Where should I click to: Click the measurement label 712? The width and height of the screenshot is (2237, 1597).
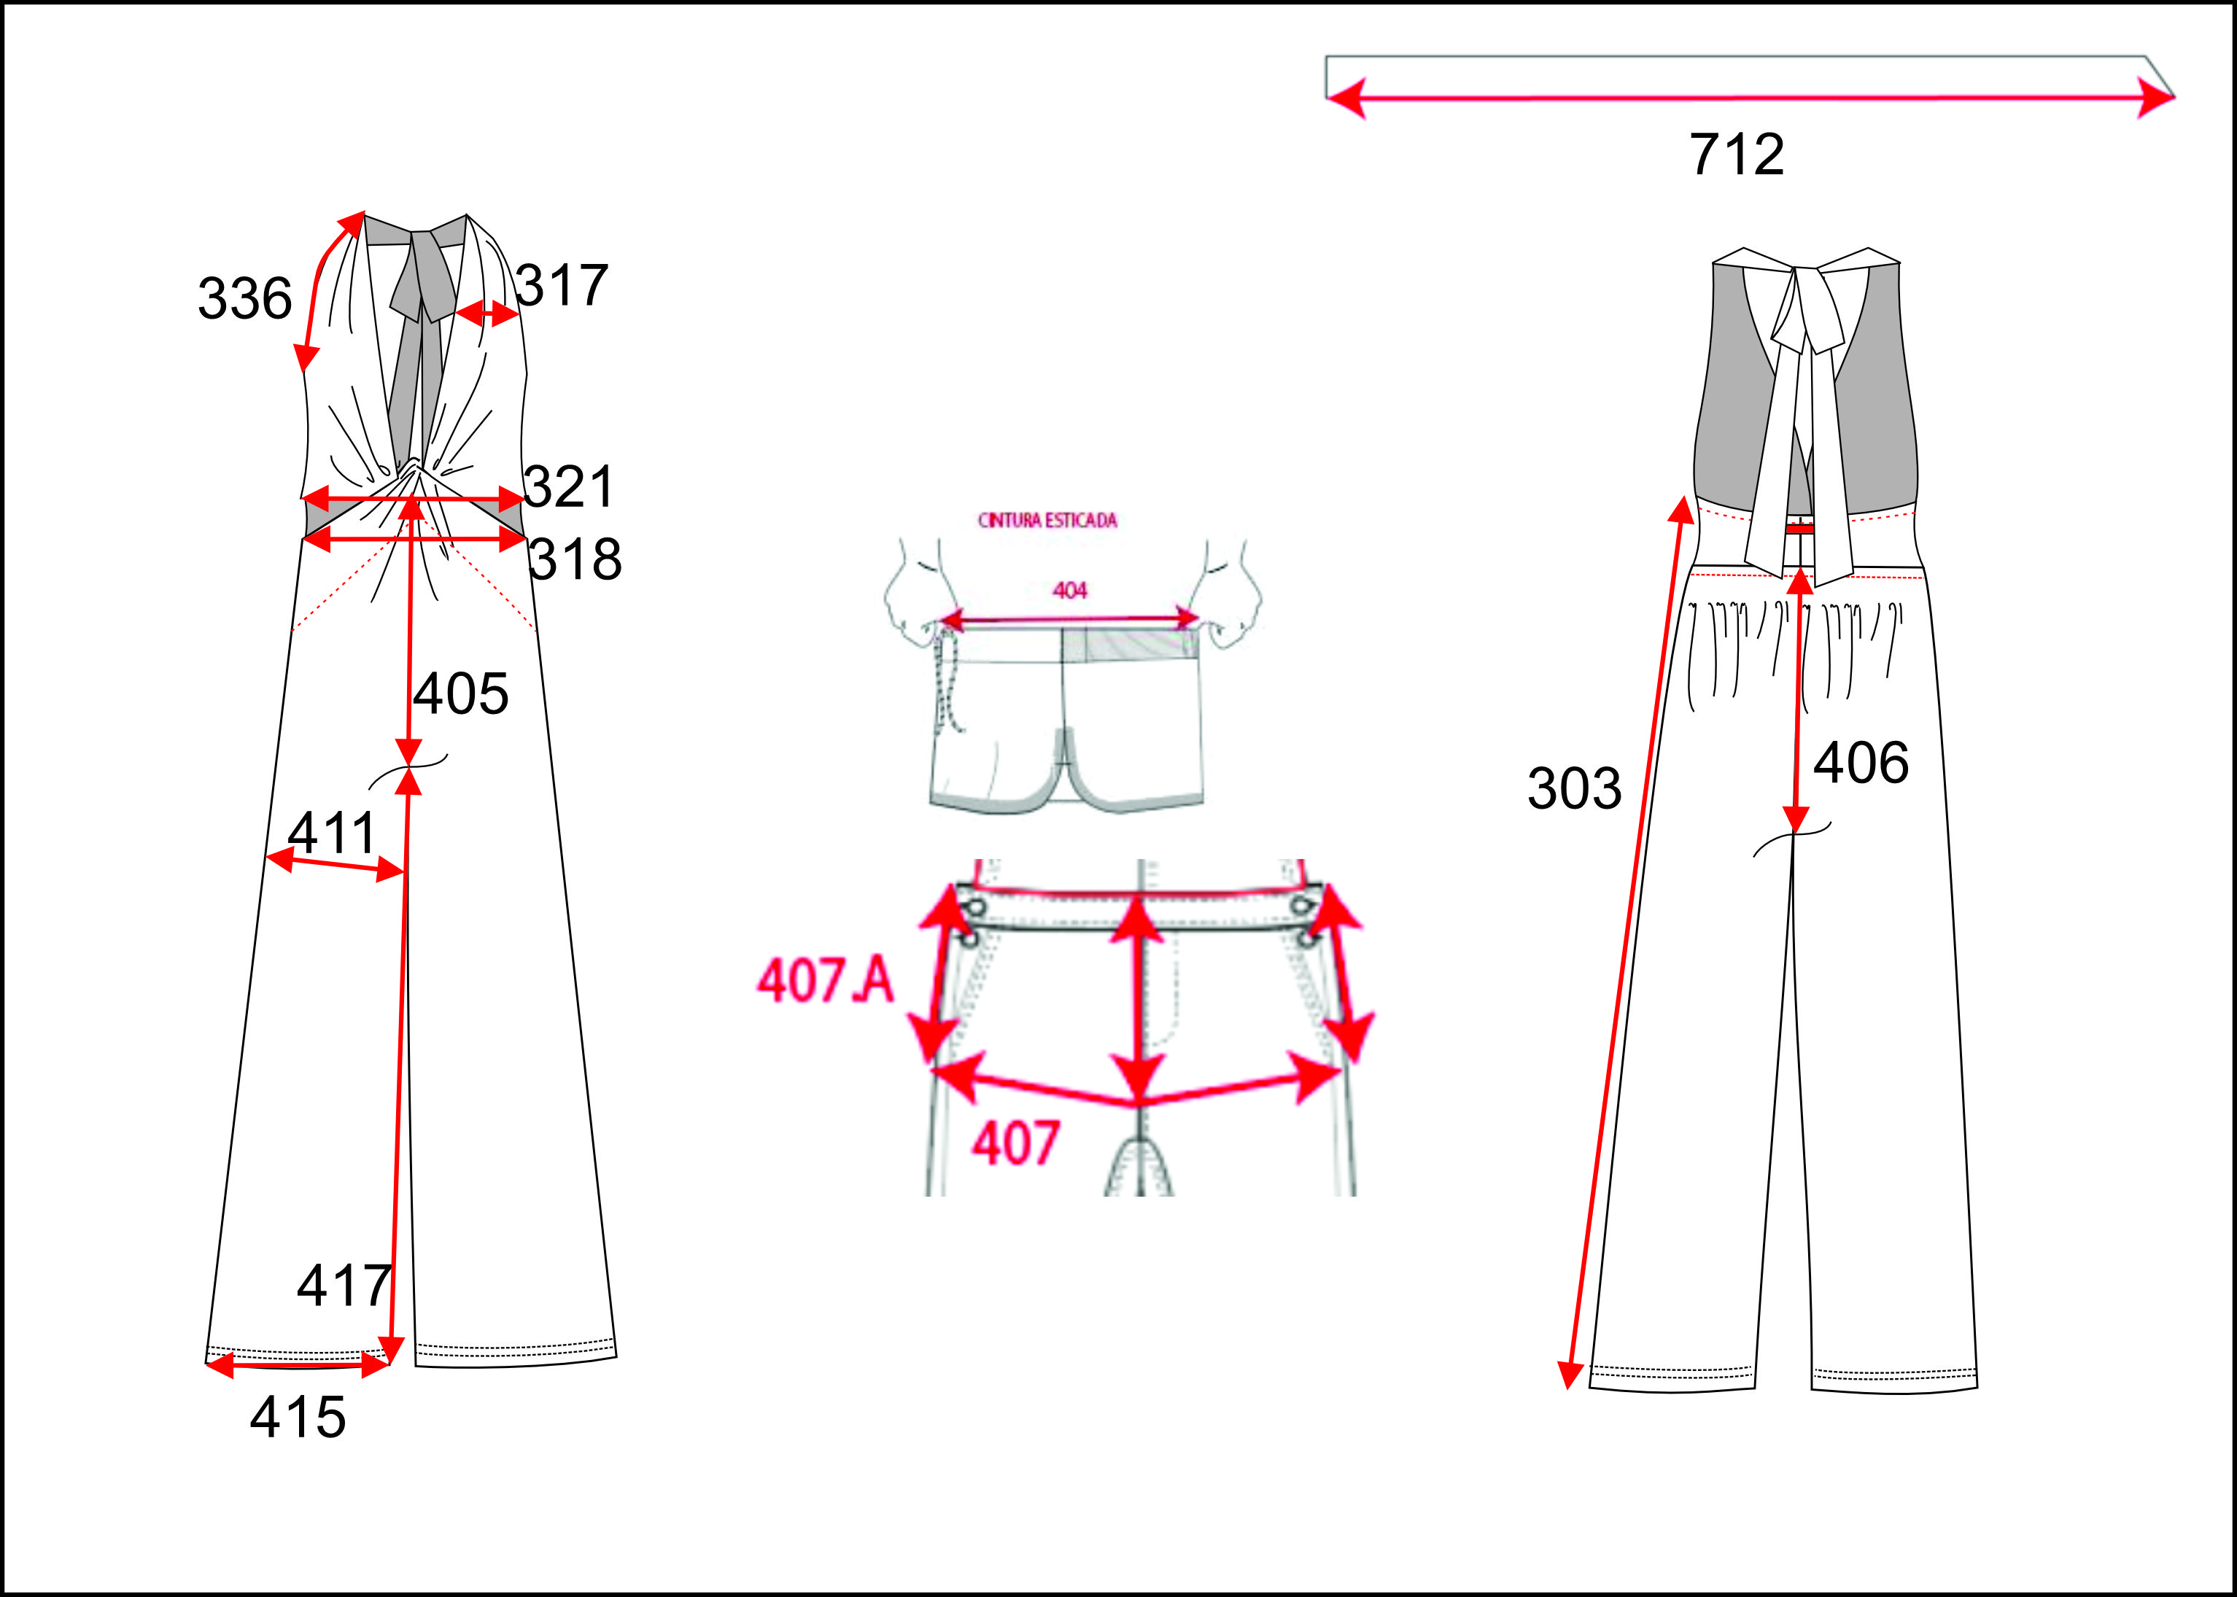[x=1737, y=155]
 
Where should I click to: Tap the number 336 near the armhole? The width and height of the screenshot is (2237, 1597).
[x=245, y=298]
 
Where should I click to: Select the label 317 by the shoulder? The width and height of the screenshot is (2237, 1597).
[x=562, y=285]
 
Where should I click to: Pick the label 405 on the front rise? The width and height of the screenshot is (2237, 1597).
[x=460, y=693]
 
